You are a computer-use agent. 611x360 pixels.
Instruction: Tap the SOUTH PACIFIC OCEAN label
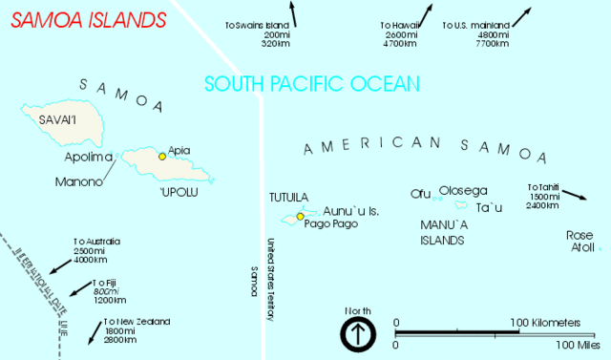coord(312,84)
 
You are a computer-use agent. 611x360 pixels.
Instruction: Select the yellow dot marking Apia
coord(162,157)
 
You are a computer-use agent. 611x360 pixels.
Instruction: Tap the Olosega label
coord(464,190)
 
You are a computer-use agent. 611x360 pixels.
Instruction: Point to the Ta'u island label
coord(489,207)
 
